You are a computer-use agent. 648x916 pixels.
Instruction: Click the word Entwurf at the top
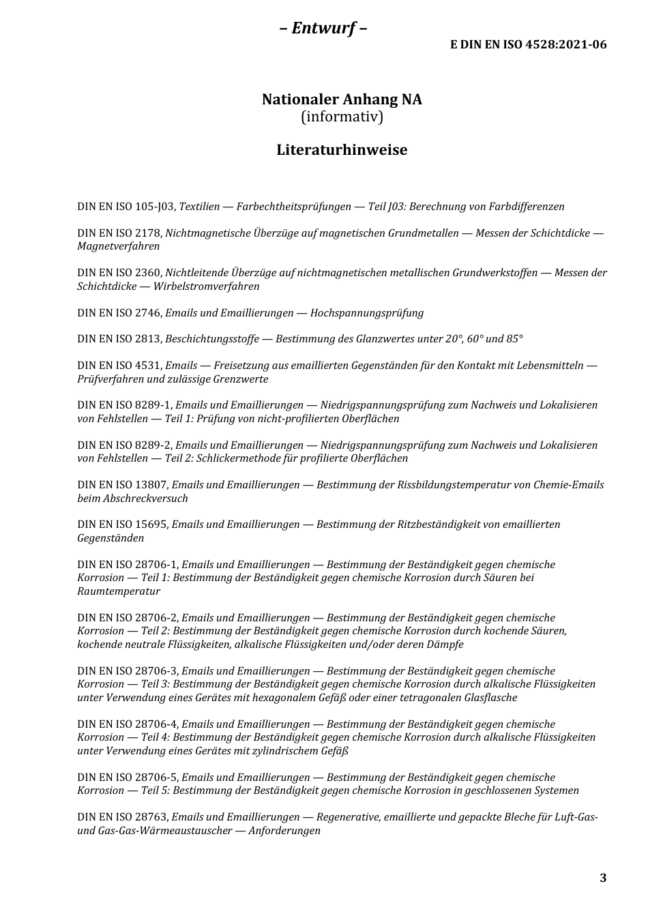323,28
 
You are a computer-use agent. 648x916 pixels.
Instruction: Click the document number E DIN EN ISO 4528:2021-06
528,45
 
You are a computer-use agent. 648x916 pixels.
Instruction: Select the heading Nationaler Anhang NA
342,100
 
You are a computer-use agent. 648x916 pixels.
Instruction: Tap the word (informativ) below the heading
342,117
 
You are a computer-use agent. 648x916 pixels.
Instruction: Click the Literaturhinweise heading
342,150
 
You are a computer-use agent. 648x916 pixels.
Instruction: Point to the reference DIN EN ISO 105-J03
127,207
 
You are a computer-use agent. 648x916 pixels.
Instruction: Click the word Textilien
199,207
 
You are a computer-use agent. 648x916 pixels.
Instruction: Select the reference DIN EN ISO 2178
120,233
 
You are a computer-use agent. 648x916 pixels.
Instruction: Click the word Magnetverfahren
119,246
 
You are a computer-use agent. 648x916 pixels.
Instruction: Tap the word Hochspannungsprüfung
367,313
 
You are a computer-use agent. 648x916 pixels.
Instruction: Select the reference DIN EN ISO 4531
120,366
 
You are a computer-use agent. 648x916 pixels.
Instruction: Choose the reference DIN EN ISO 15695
123,525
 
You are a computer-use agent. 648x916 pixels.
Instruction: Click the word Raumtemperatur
119,591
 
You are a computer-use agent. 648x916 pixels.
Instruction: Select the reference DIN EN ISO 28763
123,817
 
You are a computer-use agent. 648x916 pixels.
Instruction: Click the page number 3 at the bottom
602,878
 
